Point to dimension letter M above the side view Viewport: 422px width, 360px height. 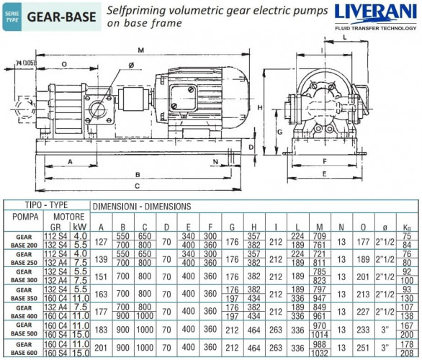coord(140,50)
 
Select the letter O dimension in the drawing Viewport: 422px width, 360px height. coord(65,64)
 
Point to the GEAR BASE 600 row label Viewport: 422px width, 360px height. coord(20,349)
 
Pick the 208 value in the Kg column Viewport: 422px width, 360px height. coord(407,354)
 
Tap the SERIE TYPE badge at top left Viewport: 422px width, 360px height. coord(11,17)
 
